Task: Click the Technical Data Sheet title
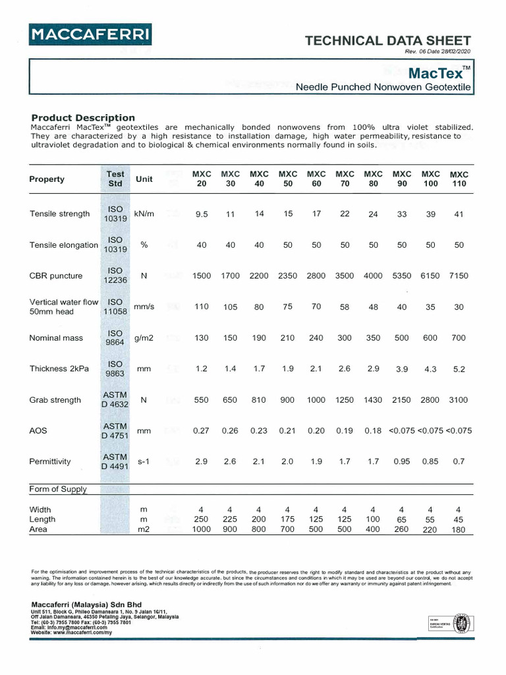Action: pyautogui.click(x=388, y=41)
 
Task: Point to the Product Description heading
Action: pyautogui.click(x=83, y=117)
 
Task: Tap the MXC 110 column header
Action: pyautogui.click(x=459, y=179)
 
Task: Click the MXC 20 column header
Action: pyautogui.click(x=202, y=179)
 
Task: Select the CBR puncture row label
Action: pyautogui.click(x=56, y=276)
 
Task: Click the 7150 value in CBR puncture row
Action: pyautogui.click(x=459, y=276)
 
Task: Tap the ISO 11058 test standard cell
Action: pyautogui.click(x=115, y=307)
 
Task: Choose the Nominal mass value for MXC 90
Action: pyautogui.click(x=402, y=337)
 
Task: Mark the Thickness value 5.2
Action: pyautogui.click(x=459, y=369)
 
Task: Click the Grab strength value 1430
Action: pyautogui.click(x=374, y=399)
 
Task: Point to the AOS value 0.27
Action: pyautogui.click(x=201, y=430)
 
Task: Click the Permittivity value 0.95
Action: pyautogui.click(x=402, y=461)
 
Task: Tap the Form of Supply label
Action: pyautogui.click(x=58, y=489)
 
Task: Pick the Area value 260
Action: pyautogui.click(x=402, y=529)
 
